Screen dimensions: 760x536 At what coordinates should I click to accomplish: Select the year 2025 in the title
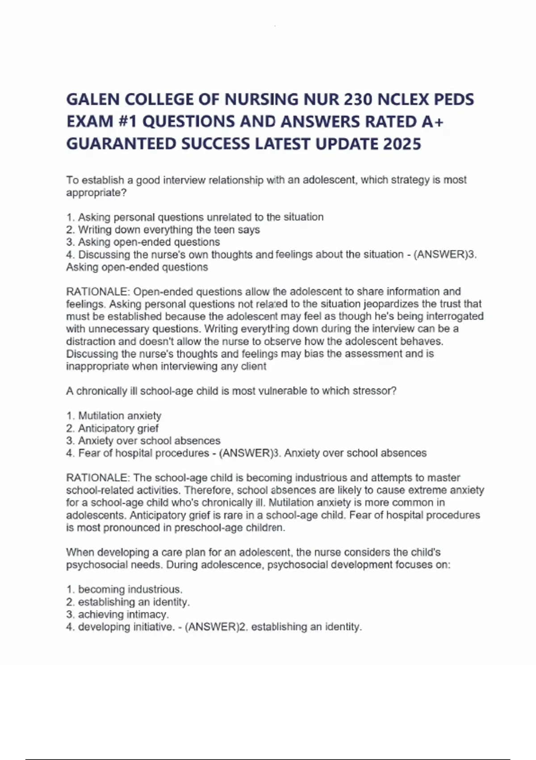click(x=402, y=144)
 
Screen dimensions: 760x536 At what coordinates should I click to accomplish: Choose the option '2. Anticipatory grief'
click(x=112, y=428)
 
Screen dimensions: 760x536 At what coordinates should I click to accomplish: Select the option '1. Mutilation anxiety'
click(x=113, y=416)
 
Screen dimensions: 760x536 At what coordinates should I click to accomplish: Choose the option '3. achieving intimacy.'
click(x=117, y=615)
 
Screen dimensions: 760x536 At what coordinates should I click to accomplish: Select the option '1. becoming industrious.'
click(x=124, y=590)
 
